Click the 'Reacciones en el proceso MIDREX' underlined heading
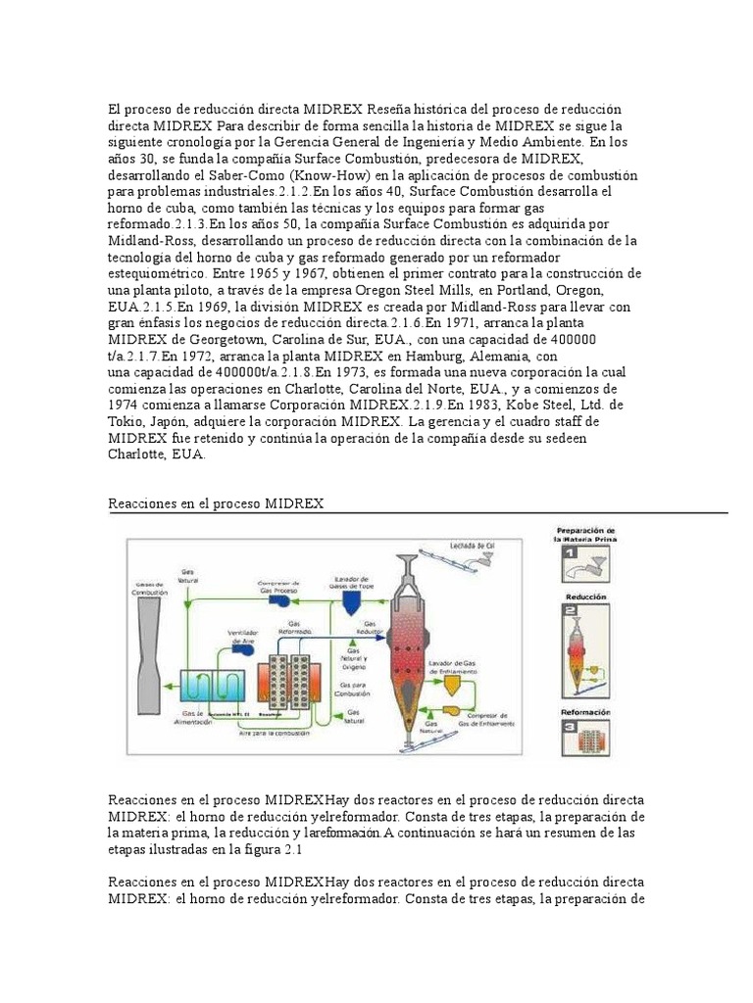(x=216, y=502)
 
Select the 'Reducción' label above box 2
(x=585, y=596)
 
